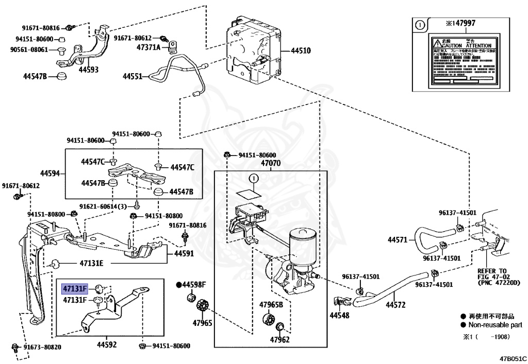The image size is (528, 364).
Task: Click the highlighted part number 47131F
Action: point(75,288)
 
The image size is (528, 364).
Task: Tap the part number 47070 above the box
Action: point(271,163)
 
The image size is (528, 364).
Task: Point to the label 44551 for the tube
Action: point(132,76)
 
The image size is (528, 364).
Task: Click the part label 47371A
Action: point(148,47)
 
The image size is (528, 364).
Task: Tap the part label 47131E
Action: point(91,263)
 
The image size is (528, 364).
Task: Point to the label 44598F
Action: point(193,284)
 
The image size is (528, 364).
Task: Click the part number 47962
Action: point(280,339)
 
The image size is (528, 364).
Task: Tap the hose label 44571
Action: point(398,239)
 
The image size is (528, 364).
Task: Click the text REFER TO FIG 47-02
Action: point(492,273)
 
